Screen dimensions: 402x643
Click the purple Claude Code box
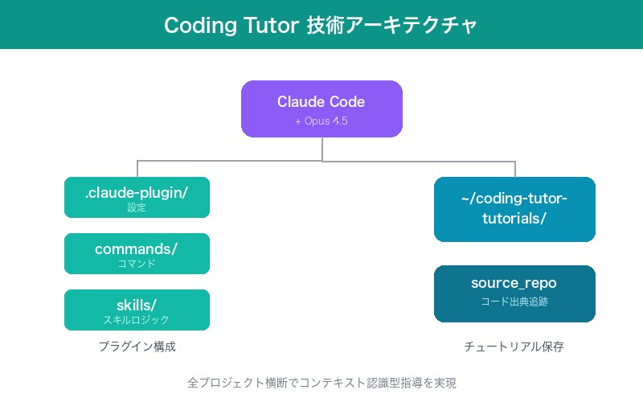(321, 109)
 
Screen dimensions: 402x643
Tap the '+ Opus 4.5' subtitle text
(321, 121)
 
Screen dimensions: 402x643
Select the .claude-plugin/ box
(137, 197)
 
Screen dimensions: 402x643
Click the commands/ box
(137, 253)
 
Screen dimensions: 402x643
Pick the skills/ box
(137, 310)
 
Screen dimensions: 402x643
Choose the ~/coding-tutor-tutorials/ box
(514, 209)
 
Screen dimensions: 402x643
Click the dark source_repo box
(514, 293)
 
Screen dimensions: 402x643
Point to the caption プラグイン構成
(137, 347)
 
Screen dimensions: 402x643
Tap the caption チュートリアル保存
(514, 347)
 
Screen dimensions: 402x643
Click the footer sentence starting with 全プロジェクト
(321, 383)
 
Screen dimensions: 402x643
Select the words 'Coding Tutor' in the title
(230, 25)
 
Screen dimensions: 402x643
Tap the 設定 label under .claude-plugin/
(137, 207)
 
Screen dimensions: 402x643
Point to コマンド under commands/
(137, 264)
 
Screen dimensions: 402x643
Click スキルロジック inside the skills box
(137, 320)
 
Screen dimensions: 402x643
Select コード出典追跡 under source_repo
(514, 302)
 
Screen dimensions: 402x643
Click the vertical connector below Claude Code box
(321, 149)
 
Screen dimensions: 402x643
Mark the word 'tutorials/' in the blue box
(514, 219)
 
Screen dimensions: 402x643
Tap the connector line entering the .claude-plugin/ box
(137, 169)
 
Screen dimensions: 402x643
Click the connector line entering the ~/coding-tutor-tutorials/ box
(514, 169)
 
